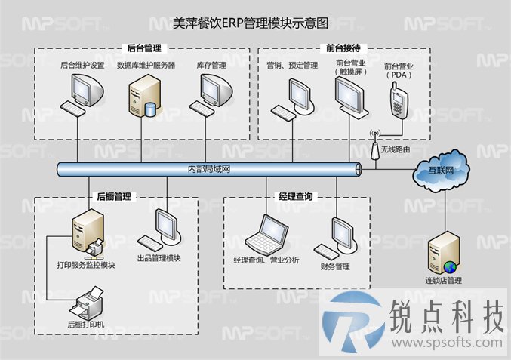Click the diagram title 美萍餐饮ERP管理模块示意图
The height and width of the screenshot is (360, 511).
(251, 23)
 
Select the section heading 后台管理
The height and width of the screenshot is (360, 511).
(144, 48)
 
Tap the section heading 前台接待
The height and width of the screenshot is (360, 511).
(343, 48)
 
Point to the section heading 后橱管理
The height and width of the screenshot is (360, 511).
(114, 196)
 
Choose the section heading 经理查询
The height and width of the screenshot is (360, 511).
(296, 196)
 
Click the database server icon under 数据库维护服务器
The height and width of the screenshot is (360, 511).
(143, 96)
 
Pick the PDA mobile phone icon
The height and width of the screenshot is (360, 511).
(399, 100)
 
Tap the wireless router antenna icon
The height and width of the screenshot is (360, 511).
(375, 146)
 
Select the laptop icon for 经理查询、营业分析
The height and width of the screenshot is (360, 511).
(266, 232)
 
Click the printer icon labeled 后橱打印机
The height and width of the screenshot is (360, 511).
(87, 303)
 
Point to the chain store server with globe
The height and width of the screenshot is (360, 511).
(443, 253)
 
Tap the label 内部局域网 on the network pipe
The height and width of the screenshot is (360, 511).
(209, 169)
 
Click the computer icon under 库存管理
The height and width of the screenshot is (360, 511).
(211, 94)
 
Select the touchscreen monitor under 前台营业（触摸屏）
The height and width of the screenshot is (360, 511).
(351, 98)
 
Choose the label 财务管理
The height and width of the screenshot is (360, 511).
(335, 267)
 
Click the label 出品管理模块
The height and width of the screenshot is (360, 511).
(159, 258)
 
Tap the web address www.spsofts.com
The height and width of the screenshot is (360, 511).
(447, 343)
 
